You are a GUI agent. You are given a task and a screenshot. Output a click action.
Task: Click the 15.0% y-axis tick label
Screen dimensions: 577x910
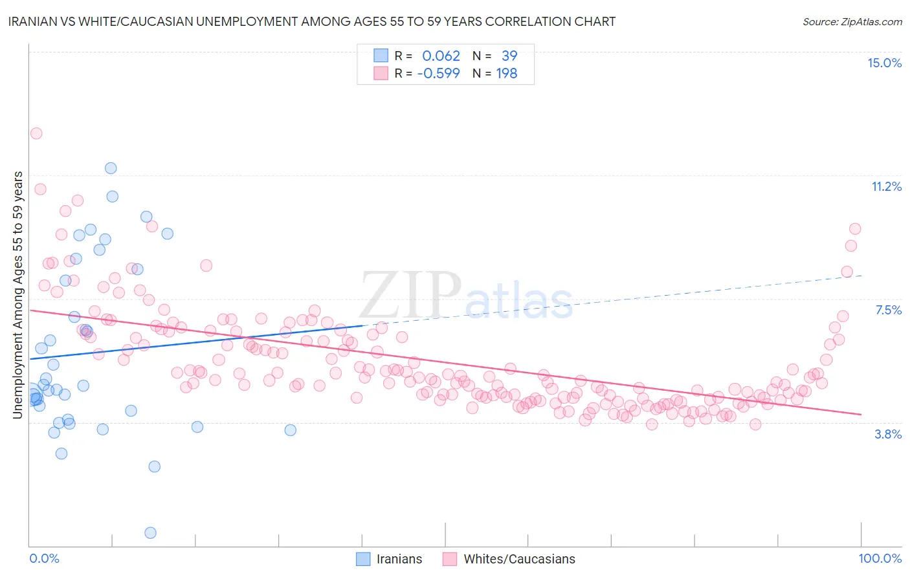(x=884, y=63)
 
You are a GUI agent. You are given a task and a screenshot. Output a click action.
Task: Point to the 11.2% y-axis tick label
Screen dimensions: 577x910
(x=886, y=186)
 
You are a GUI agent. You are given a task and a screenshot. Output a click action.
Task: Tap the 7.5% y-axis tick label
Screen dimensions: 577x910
(x=888, y=310)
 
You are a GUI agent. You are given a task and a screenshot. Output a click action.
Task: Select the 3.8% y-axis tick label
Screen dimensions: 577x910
(x=888, y=434)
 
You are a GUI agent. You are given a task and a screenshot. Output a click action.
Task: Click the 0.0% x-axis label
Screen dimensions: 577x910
(x=44, y=558)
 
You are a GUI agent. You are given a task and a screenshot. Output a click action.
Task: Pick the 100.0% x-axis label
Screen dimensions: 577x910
(x=880, y=558)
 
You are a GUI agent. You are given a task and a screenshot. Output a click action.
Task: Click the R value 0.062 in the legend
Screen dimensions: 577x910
(x=441, y=56)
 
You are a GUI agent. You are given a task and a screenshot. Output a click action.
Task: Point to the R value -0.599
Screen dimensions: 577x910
(x=438, y=73)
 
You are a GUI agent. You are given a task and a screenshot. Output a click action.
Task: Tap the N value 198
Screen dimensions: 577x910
(x=507, y=73)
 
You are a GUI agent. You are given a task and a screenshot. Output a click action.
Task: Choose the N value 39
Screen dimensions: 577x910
(x=509, y=56)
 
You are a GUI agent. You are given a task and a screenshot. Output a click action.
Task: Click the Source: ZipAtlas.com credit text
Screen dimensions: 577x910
(x=852, y=21)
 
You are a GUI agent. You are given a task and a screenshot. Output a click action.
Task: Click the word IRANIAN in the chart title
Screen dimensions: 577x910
(x=36, y=21)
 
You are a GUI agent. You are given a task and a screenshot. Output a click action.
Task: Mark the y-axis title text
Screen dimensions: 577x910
(x=17, y=294)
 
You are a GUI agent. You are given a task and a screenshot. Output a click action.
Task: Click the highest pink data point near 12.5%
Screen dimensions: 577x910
(x=36, y=133)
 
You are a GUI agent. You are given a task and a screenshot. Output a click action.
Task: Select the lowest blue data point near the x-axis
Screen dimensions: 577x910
(x=150, y=532)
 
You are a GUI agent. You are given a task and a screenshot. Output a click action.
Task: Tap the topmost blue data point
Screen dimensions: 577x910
(x=111, y=168)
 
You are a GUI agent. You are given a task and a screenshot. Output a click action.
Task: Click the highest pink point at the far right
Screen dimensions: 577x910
(x=855, y=228)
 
